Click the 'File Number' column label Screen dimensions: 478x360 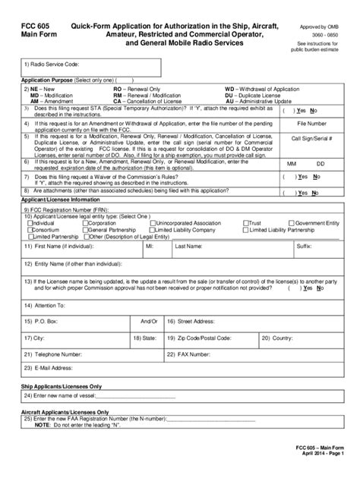(311, 121)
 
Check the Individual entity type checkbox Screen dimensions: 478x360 (30, 224)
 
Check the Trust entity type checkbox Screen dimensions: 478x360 (245, 224)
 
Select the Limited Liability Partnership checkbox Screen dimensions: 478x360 (245, 230)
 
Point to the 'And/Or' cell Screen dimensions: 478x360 (149, 321)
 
